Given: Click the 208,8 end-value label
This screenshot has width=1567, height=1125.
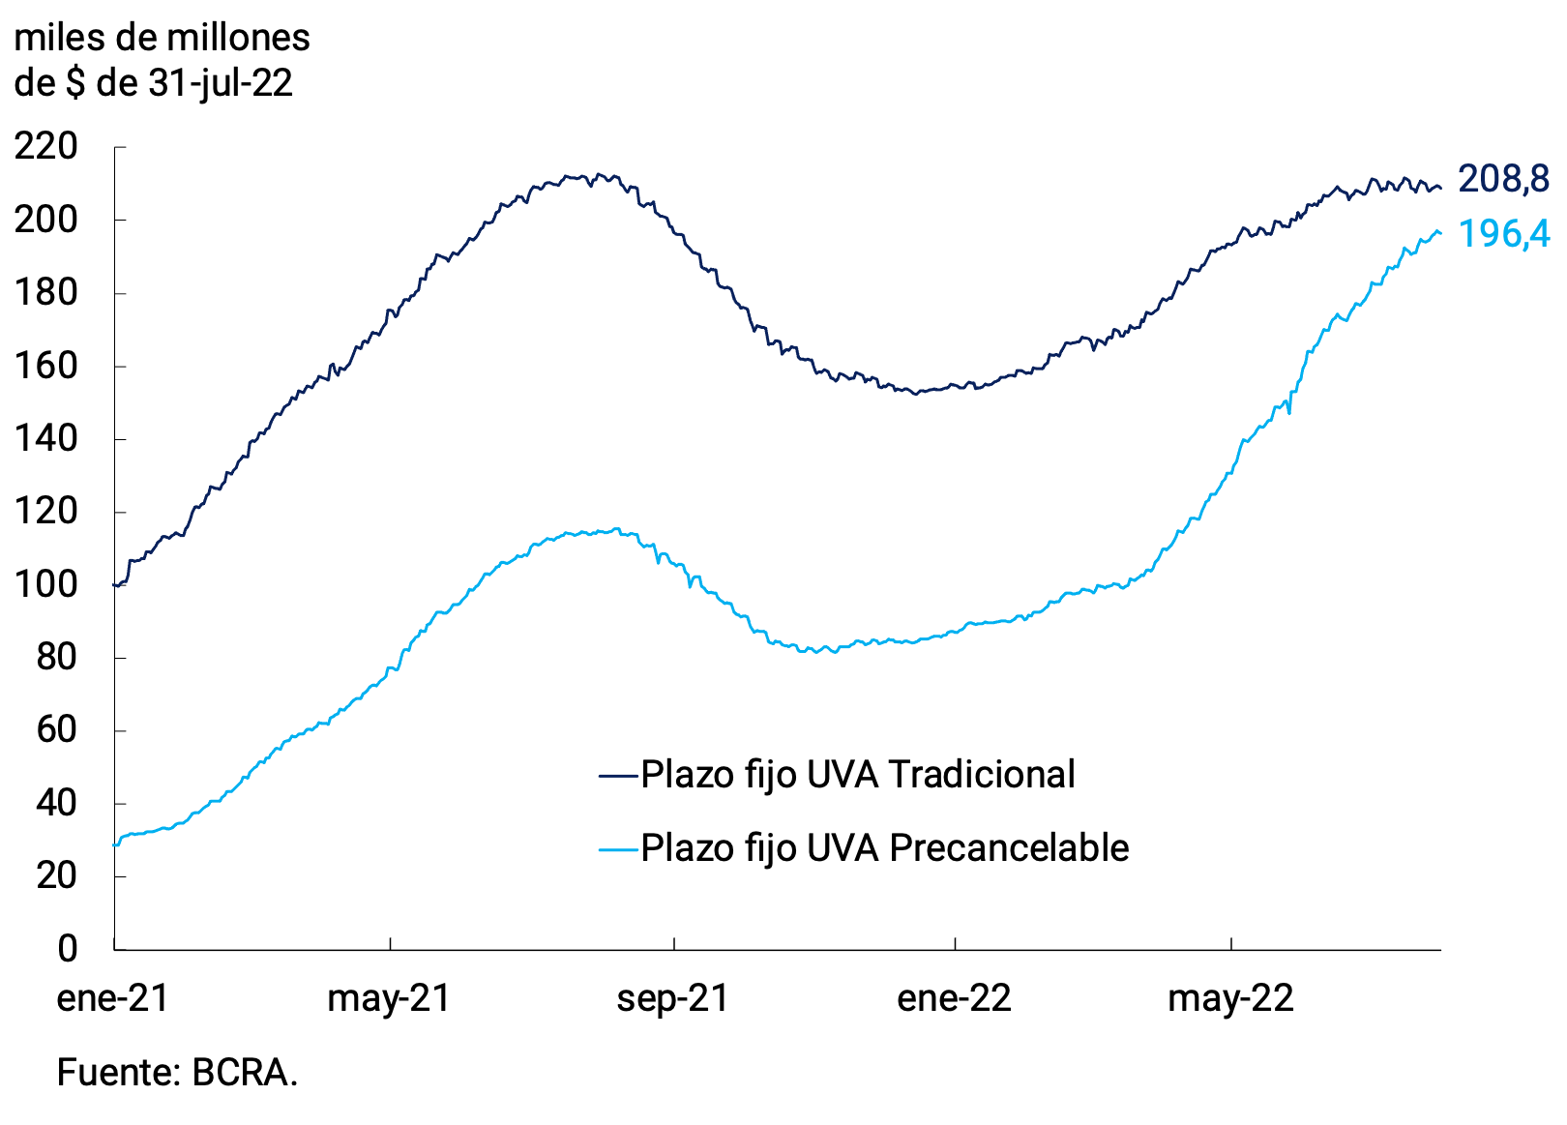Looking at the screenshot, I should click(1503, 179).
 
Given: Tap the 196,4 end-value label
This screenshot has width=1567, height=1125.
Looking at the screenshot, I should click(1503, 234).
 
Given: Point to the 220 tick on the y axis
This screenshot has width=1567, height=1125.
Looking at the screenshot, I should click(45, 147).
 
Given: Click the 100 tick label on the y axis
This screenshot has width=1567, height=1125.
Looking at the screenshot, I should click(45, 584).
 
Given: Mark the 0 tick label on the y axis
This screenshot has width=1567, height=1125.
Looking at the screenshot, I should click(67, 948).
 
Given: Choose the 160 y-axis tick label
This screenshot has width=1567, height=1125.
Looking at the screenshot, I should click(45, 366).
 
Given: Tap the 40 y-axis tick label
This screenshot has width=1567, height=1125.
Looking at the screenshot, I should click(56, 803).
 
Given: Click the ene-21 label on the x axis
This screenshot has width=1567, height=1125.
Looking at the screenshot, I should click(113, 998).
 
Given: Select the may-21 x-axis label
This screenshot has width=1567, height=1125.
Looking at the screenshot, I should click(389, 998).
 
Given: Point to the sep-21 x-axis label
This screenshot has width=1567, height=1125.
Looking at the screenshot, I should click(672, 998).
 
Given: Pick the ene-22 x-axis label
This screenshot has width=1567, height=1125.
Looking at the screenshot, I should click(954, 998).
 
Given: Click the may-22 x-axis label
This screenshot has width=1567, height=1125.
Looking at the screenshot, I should click(1230, 998).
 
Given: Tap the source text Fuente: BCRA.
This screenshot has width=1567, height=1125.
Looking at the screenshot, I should click(177, 1073).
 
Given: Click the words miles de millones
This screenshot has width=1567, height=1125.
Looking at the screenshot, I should click(162, 39).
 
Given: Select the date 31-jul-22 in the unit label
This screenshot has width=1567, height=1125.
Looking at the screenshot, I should click(221, 83).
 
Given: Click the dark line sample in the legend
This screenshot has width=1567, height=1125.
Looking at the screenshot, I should click(618, 776).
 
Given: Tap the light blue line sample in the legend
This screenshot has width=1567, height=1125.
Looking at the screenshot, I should click(618, 849).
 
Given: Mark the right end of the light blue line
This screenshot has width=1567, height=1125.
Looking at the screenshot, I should click(1440, 233).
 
